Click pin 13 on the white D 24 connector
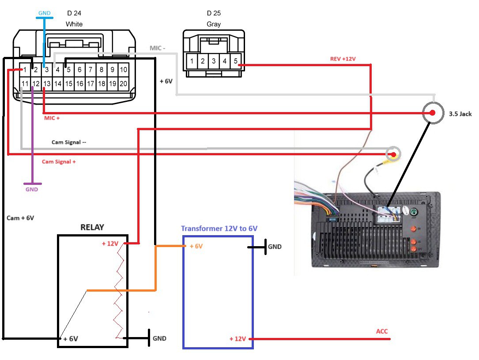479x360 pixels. pos(46,83)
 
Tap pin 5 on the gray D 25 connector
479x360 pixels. pos(235,61)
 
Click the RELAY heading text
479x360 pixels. pos(92,228)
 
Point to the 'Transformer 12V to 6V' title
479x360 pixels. pos(219,229)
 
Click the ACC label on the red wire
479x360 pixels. pos(382,331)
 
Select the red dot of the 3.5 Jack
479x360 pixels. pos(432,113)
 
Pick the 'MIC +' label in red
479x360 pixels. pos(52,118)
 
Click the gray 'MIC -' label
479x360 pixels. pos(157,48)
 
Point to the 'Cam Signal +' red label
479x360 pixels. pos(59,162)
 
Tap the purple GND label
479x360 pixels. pos(32,189)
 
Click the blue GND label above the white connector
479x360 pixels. pos(45,13)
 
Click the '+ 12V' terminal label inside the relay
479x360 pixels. pos(110,244)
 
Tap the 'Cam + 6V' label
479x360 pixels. pos(20,218)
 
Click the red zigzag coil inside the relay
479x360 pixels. pos(119,291)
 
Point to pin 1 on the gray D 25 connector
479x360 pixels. pos(192,61)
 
